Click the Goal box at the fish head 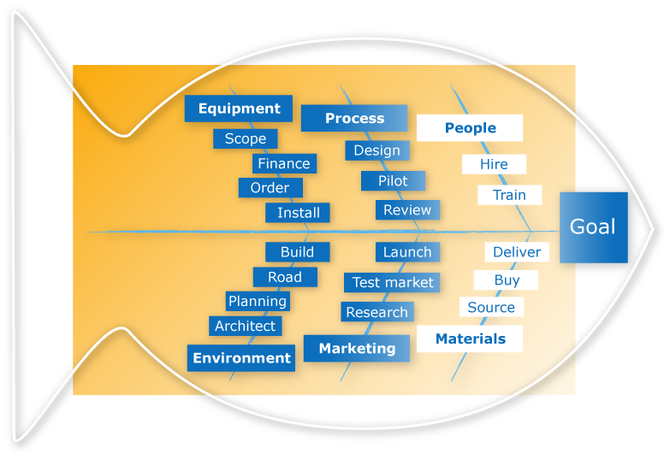(593, 227)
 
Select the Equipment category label (239, 109)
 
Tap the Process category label (354, 118)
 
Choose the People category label (470, 128)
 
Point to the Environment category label (241, 358)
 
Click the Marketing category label (357, 348)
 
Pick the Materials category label (470, 338)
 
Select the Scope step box (246, 138)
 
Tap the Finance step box (284, 163)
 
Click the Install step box (298, 213)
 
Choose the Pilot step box (393, 180)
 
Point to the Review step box (407, 209)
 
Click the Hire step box (494, 164)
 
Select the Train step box (509, 195)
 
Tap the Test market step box (393, 282)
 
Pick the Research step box (377, 312)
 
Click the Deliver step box (517, 252)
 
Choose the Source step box (491, 308)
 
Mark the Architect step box (245, 326)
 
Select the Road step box (285, 277)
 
